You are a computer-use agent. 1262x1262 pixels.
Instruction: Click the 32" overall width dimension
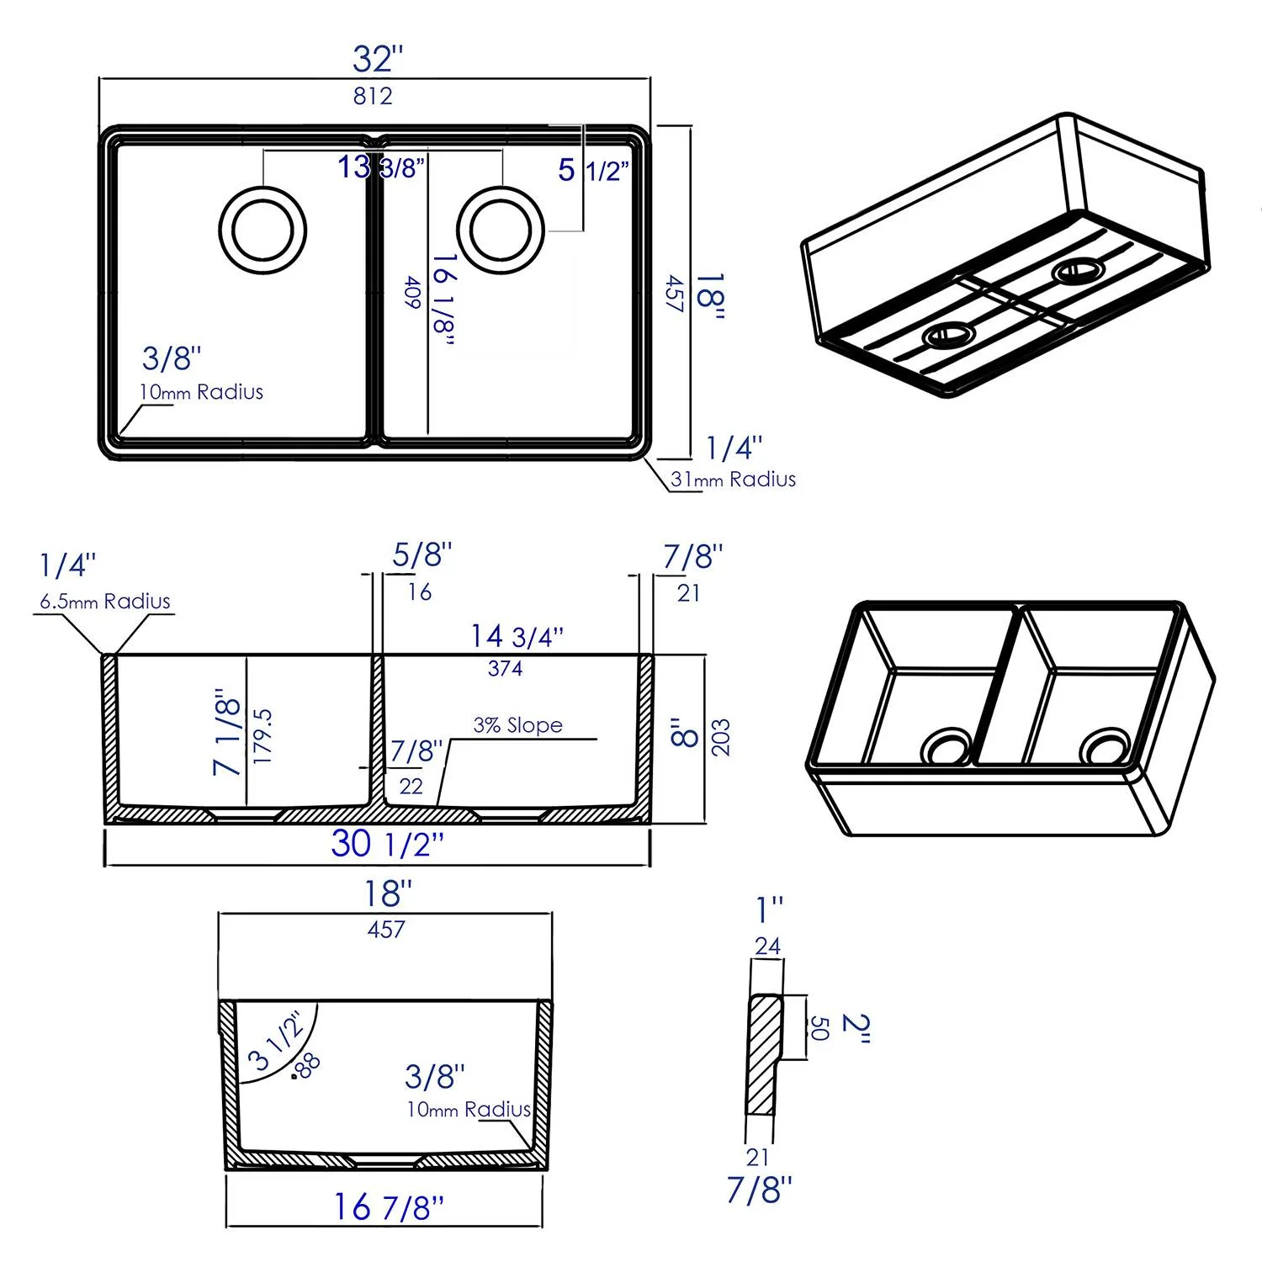(x=378, y=60)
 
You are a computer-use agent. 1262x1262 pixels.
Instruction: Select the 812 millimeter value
(x=373, y=96)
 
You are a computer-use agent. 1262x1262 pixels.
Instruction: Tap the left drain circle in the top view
(x=262, y=230)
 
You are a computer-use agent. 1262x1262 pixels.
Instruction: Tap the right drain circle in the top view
(x=501, y=230)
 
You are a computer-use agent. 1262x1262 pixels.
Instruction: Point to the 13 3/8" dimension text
(x=381, y=167)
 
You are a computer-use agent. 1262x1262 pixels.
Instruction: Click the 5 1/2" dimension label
(x=593, y=171)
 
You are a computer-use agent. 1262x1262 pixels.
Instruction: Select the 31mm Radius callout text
(x=733, y=480)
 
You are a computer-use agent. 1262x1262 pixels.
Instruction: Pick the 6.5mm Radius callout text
(x=105, y=602)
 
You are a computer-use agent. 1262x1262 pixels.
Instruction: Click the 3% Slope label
(x=517, y=725)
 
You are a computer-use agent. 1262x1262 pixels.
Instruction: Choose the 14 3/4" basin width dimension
(x=517, y=637)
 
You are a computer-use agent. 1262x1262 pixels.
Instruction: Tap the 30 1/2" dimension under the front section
(x=387, y=844)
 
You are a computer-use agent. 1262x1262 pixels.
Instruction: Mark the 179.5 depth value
(x=263, y=736)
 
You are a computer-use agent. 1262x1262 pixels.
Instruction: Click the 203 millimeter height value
(x=721, y=737)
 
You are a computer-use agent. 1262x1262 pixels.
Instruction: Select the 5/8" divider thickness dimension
(x=422, y=555)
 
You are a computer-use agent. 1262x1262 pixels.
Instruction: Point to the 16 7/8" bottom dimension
(x=388, y=1207)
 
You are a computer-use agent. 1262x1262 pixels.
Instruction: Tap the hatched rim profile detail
(x=762, y=1055)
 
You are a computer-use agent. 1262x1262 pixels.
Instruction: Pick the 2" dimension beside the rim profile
(x=856, y=1028)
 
